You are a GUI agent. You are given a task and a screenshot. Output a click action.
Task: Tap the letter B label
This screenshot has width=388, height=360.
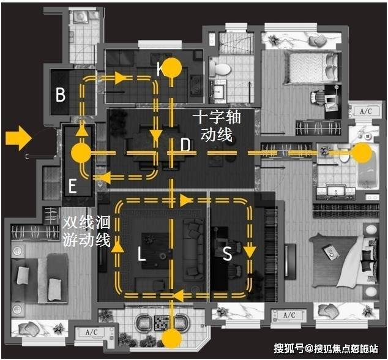pyautogui.click(x=60, y=95)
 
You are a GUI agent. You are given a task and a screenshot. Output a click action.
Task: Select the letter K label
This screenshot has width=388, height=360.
pyautogui.click(x=160, y=70)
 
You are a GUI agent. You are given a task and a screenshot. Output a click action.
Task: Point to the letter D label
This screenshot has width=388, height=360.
pyautogui.click(x=185, y=146)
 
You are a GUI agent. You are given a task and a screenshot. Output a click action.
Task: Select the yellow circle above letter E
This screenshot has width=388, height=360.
pyautogui.click(x=81, y=153)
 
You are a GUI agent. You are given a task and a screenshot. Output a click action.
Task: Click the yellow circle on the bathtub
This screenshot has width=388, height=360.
pyautogui.click(x=362, y=153)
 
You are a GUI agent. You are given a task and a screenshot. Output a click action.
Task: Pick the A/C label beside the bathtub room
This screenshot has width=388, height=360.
pyautogui.click(x=366, y=111)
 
